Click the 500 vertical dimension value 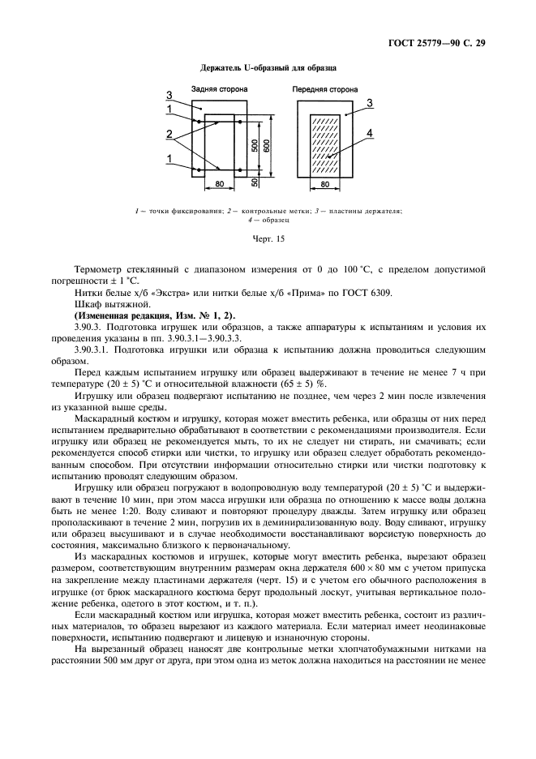tap(255, 147)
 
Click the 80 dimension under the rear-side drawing tap(220, 186)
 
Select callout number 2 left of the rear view tap(169, 133)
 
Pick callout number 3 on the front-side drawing tap(369, 103)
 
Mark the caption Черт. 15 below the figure tap(268, 239)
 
